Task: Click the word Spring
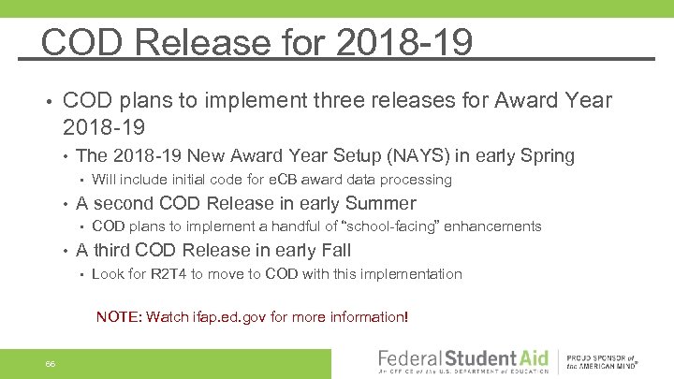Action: click(547, 155)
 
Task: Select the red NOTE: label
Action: click(119, 317)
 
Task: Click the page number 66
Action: click(49, 363)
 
